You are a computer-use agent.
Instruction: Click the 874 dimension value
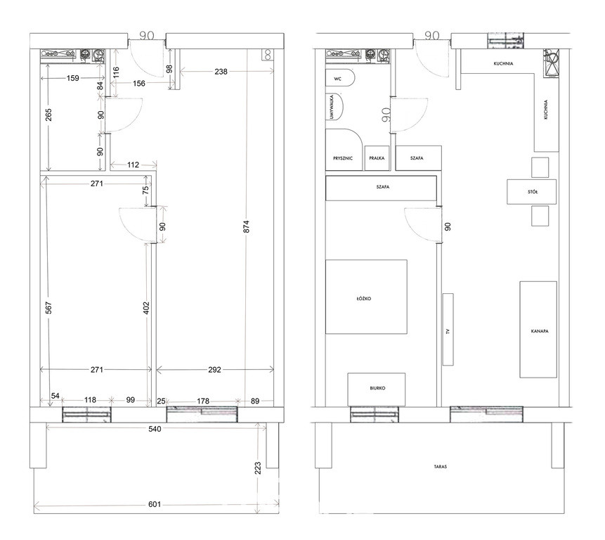[x=247, y=226]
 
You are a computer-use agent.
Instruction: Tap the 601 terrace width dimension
[x=155, y=504]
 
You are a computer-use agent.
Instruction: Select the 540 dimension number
[x=155, y=429]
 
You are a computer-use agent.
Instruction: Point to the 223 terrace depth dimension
[x=258, y=468]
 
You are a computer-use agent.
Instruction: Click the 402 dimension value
[x=146, y=308]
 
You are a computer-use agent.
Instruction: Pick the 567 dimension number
[x=48, y=308]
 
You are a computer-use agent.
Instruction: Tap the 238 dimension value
[x=221, y=72]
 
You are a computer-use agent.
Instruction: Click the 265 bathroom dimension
[x=48, y=115]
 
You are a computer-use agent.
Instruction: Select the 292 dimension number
[x=214, y=370]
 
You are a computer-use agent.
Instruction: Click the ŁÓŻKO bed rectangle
[x=366, y=297]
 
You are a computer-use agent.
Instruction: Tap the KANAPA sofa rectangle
[x=538, y=329]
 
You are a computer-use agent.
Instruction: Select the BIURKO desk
[x=376, y=390]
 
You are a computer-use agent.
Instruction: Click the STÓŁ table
[x=532, y=191]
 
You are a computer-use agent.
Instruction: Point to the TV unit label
[x=448, y=331]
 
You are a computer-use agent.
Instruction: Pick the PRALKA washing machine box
[x=377, y=158]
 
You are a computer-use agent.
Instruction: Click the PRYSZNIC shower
[x=344, y=150]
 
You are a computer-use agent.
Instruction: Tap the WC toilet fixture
[x=340, y=78]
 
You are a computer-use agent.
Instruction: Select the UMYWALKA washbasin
[x=334, y=107]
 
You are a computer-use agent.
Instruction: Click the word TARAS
[x=441, y=467]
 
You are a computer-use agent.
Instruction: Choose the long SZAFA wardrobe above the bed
[x=382, y=188]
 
